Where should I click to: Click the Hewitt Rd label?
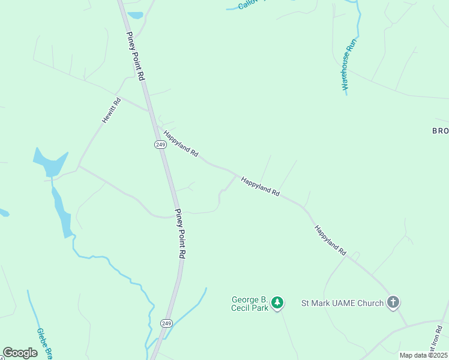point(112,110)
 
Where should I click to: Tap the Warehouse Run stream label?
point(351,64)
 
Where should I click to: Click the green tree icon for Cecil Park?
point(277,302)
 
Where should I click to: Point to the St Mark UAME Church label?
point(342,303)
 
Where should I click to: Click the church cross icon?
point(393,302)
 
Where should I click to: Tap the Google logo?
point(20,353)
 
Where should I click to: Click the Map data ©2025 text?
point(423,355)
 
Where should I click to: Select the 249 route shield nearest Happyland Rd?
point(160,145)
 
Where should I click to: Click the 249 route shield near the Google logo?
point(166,323)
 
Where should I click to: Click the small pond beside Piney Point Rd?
point(135,15)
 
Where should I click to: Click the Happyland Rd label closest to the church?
point(331,241)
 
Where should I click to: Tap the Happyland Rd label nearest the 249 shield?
point(181,144)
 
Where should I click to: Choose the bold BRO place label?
point(440,131)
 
